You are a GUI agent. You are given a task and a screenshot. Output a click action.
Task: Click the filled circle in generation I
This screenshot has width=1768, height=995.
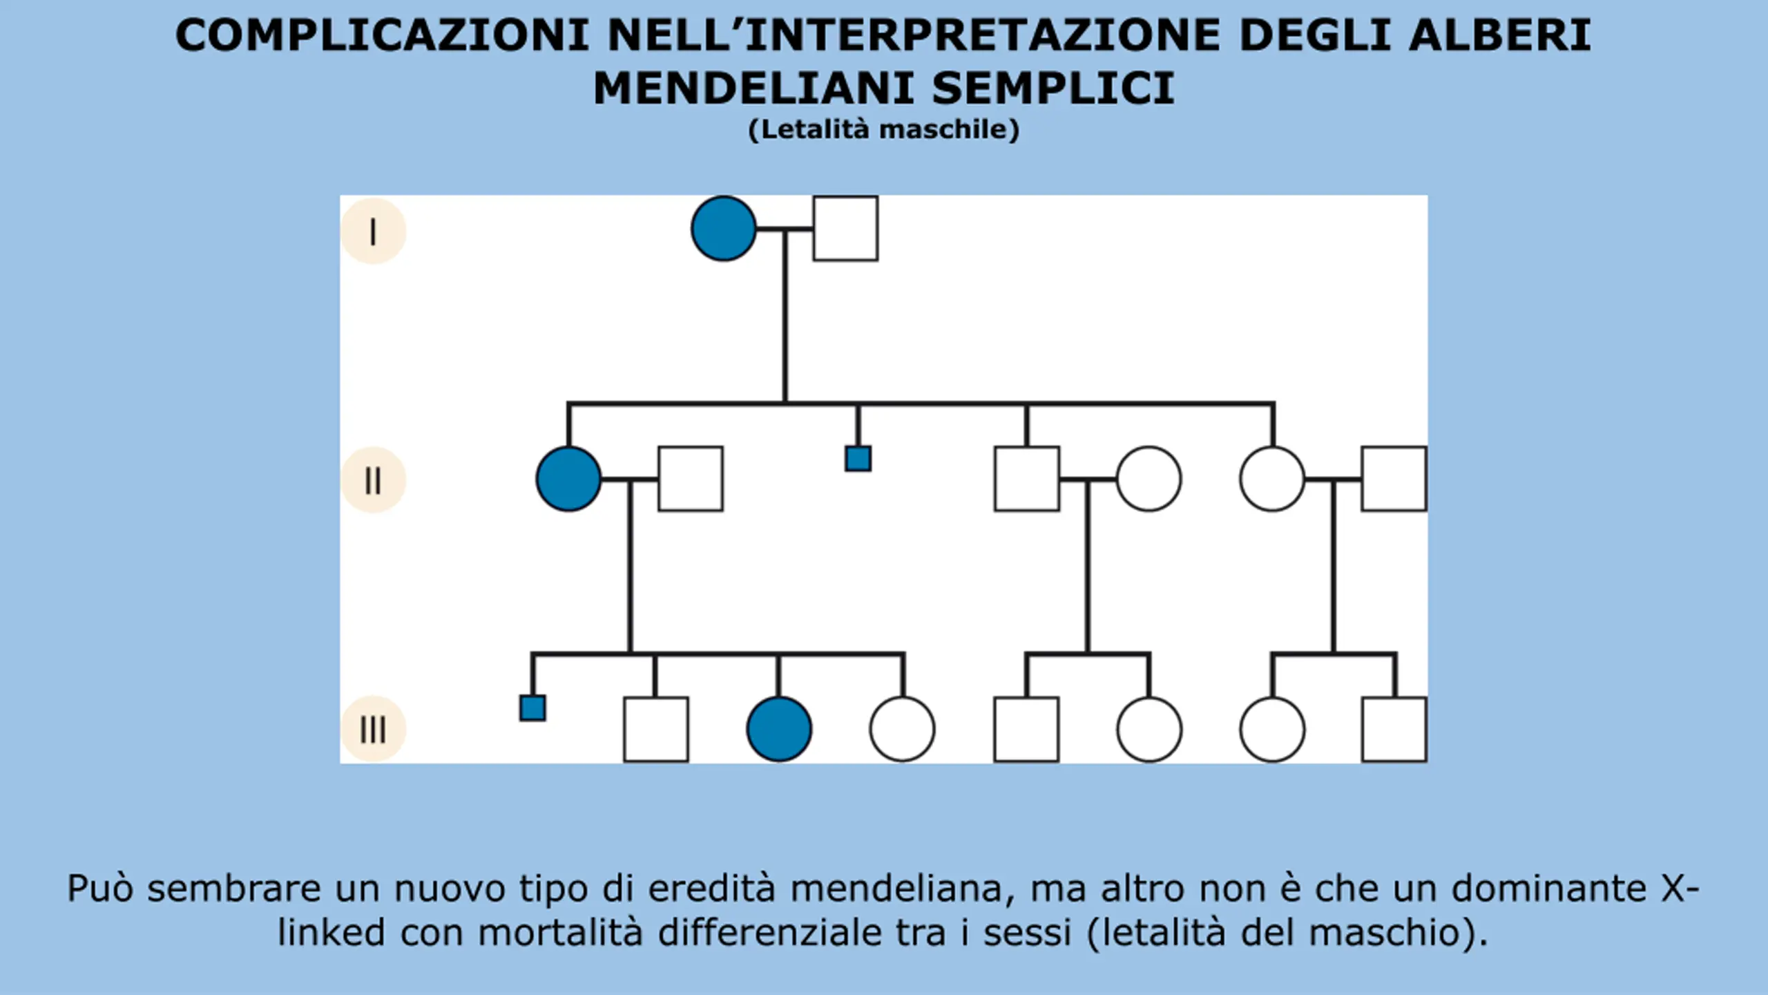(723, 229)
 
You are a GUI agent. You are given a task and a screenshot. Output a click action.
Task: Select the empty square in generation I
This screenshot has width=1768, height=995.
(845, 229)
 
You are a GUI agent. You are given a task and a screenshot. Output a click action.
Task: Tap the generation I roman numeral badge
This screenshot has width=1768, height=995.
(373, 231)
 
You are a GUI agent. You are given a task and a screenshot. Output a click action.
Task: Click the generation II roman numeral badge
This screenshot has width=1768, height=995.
(373, 480)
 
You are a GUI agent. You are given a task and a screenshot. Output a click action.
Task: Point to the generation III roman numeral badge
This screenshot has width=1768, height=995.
(373, 729)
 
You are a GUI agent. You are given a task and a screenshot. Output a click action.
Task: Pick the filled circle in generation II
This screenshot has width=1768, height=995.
(568, 479)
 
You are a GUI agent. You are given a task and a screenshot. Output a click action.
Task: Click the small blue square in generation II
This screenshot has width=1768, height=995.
(858, 459)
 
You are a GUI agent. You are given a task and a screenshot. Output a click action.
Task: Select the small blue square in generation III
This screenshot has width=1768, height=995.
(532, 708)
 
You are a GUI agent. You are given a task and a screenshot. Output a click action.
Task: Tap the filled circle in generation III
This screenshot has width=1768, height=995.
(779, 729)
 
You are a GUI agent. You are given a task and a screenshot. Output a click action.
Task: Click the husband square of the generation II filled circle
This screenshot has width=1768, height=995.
(691, 479)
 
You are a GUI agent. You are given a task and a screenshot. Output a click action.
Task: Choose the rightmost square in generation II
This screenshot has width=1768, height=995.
(1394, 479)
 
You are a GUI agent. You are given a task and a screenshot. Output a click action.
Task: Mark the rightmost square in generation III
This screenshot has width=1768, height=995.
(1394, 729)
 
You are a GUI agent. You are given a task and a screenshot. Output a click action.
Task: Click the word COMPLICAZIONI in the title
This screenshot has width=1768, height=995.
(383, 35)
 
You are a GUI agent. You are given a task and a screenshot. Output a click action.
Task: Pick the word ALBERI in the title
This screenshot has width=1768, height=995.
(1501, 35)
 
